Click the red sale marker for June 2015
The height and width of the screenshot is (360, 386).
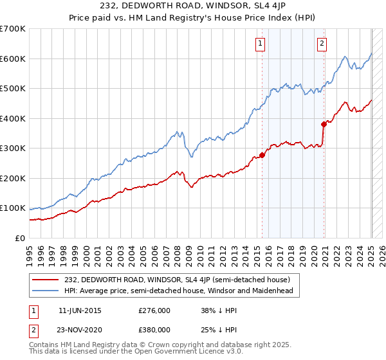(x=262, y=155)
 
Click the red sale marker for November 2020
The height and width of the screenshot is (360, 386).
(x=324, y=124)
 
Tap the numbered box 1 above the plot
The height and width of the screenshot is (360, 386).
(x=260, y=44)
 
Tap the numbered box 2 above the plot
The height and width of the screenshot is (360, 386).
(x=321, y=44)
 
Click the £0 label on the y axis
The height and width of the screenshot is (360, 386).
(x=21, y=238)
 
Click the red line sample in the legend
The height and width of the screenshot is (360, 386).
(x=44, y=280)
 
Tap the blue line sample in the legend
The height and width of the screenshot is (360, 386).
(x=44, y=291)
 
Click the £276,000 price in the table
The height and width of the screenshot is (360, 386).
(x=154, y=310)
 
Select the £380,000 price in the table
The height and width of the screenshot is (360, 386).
(x=154, y=329)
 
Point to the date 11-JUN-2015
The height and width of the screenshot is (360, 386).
(x=80, y=310)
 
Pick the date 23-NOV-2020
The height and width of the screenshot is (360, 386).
(x=80, y=329)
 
